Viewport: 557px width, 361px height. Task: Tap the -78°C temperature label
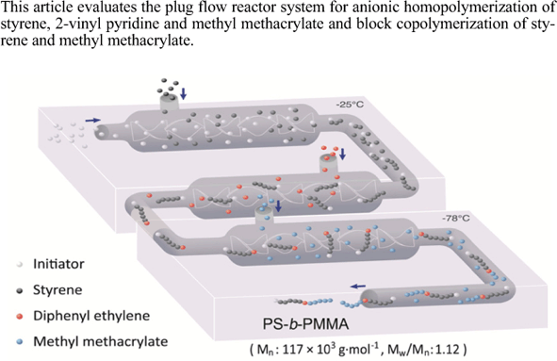452,219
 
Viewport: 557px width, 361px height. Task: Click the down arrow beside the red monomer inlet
341,154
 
